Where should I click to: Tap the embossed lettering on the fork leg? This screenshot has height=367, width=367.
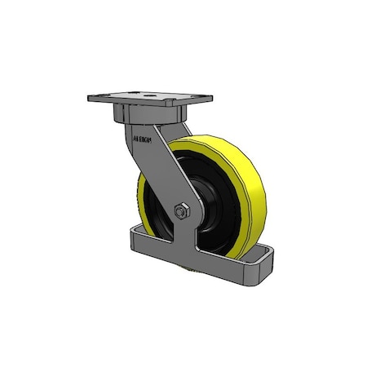click(142, 139)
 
